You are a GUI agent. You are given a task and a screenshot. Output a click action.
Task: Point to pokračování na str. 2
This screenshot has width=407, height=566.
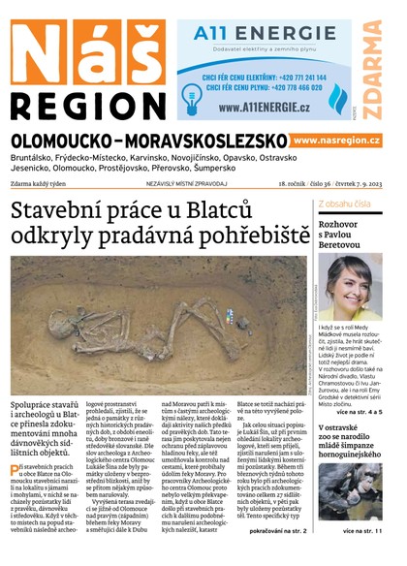(278, 531)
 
